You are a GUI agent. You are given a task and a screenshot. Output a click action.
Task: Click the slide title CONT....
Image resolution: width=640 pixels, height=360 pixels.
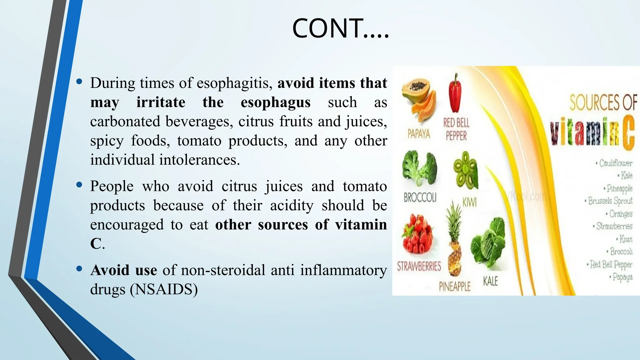tap(340, 28)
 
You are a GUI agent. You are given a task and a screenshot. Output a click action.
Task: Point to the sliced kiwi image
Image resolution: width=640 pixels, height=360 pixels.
tap(466, 170)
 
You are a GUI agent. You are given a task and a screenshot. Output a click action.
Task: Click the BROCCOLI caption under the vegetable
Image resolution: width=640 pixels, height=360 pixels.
tap(420, 197)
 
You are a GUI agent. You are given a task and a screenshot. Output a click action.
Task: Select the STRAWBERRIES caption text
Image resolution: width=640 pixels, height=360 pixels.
tap(419, 266)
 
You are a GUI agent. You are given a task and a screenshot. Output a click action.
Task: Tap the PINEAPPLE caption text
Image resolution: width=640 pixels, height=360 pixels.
tap(454, 286)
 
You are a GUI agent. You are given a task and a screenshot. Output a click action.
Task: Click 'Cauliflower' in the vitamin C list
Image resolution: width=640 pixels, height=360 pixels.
tap(615, 163)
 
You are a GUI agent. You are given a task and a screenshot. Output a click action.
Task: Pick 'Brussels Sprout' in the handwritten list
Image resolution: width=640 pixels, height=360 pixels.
tap(610, 201)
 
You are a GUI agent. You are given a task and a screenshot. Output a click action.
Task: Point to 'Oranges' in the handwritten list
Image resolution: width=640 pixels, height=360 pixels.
tap(620, 214)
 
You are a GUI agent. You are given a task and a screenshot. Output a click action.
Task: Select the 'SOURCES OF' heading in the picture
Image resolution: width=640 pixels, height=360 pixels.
tap(603, 102)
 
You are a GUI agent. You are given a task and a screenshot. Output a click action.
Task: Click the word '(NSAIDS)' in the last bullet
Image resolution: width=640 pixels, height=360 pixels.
tap(164, 289)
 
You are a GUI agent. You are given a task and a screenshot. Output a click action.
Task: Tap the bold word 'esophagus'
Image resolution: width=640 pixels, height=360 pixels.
tap(275, 102)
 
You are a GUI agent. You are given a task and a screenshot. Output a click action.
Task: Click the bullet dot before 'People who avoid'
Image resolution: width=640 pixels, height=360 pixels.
tap(79, 185)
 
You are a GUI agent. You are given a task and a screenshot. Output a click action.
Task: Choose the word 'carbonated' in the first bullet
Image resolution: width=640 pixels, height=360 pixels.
tap(125, 121)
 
